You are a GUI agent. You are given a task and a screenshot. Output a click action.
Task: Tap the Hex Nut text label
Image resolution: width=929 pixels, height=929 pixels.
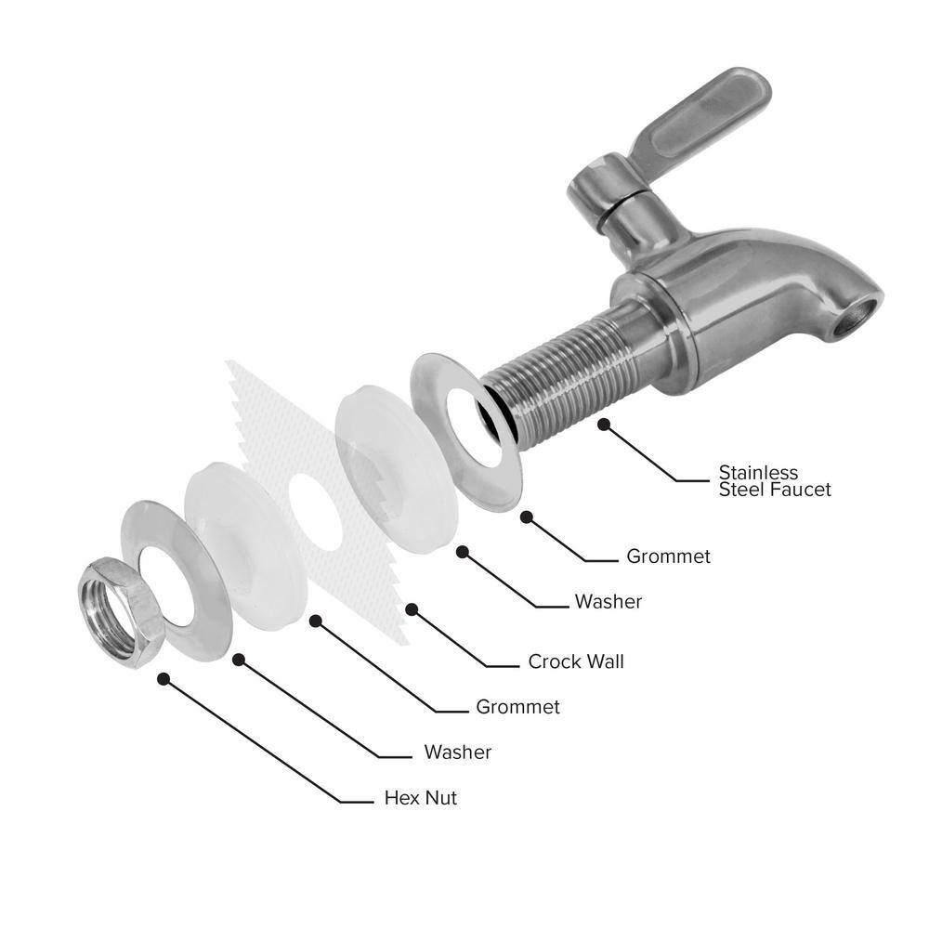point(421,798)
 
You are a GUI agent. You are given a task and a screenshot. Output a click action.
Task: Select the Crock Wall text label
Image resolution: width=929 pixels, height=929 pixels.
point(576,662)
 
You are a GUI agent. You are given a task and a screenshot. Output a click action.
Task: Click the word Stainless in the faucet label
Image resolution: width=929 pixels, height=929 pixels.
point(758,472)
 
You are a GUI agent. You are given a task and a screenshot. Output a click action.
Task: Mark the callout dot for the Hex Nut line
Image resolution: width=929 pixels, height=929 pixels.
point(164,679)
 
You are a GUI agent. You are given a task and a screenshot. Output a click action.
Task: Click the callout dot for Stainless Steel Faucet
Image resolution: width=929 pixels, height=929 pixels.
point(604,424)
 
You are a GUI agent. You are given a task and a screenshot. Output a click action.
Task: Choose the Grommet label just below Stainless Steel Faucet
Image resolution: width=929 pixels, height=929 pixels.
point(668,557)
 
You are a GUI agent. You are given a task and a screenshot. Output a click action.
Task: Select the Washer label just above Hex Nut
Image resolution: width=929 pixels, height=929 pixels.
point(457,752)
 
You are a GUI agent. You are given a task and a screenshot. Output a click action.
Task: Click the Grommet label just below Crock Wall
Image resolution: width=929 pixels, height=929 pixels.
point(517,708)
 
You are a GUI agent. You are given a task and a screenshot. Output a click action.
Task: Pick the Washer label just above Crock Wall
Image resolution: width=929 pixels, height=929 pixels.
point(608,602)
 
